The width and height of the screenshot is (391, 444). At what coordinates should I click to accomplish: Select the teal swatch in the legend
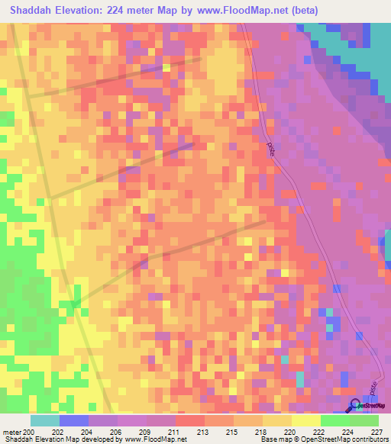click(45, 420)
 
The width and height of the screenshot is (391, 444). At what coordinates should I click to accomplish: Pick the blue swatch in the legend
click(74, 420)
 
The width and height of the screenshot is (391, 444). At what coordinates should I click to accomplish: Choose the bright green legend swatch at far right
click(364, 420)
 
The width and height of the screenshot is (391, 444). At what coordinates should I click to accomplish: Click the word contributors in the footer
click(367, 440)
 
